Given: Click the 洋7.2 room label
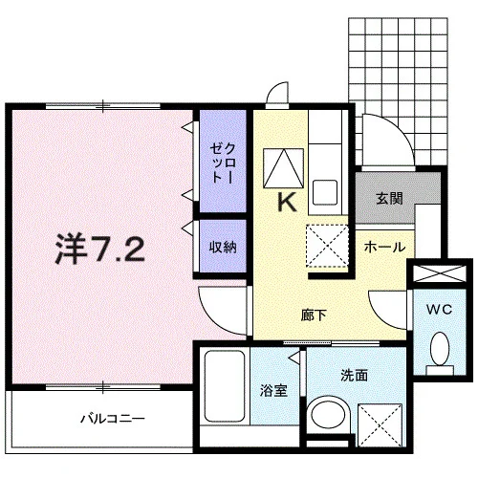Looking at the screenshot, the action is click(99, 249).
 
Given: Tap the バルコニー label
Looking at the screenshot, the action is click(113, 418).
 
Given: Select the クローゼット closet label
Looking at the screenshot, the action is click(224, 163).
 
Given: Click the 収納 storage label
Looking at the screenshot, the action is click(223, 247).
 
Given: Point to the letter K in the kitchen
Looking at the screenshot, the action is click(287, 203).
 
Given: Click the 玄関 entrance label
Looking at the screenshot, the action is click(389, 198).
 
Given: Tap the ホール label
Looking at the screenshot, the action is click(384, 247).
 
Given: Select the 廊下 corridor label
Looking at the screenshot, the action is click(314, 315).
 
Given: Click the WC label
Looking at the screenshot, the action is click(440, 309).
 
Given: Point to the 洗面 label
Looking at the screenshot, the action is click(355, 375).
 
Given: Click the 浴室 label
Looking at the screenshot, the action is click(273, 391).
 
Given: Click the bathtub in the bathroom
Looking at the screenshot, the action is click(225, 386).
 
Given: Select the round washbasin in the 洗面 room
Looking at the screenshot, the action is click(328, 415).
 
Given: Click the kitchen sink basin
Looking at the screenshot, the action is click(325, 192).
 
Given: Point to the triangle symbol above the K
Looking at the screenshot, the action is click(283, 167).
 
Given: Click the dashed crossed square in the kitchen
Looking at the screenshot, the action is click(327, 246).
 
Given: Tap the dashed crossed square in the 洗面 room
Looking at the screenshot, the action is click(380, 425).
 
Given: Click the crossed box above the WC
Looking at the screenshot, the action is click(440, 273).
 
